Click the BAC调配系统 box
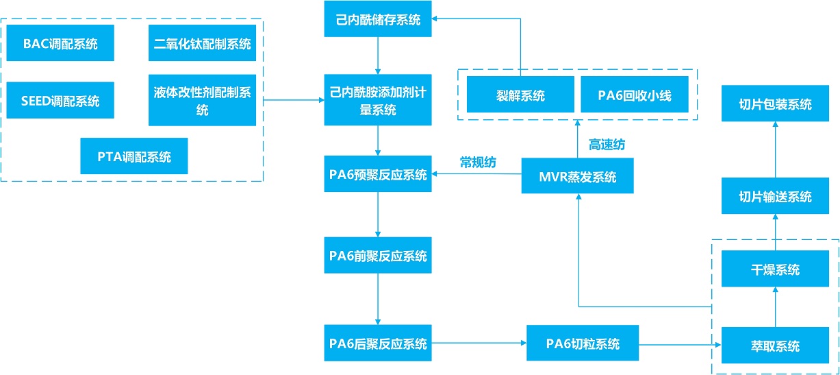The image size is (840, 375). (60, 43)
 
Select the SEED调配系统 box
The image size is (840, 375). (60, 100)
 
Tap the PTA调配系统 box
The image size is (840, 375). (134, 156)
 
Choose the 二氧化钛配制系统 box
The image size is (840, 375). (202, 43)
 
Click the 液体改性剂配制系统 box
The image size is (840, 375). (202, 100)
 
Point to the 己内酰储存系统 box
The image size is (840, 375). (378, 19)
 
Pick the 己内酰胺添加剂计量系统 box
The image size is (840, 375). (378, 100)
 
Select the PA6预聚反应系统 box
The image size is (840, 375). (378, 174)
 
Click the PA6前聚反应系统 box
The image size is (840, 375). (378, 255)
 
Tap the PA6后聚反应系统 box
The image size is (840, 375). (378, 343)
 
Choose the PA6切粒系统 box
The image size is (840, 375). (583, 343)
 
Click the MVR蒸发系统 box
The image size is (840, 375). (578, 176)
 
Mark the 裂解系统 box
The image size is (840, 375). (520, 94)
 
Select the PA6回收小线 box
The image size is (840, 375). (635, 94)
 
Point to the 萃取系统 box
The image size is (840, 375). (775, 346)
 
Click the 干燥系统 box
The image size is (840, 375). (775, 269)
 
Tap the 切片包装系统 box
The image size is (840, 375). (775, 104)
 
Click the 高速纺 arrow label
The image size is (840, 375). (607, 145)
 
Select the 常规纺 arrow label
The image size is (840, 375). (478, 162)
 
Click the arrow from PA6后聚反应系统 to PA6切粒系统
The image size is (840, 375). (479, 343)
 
